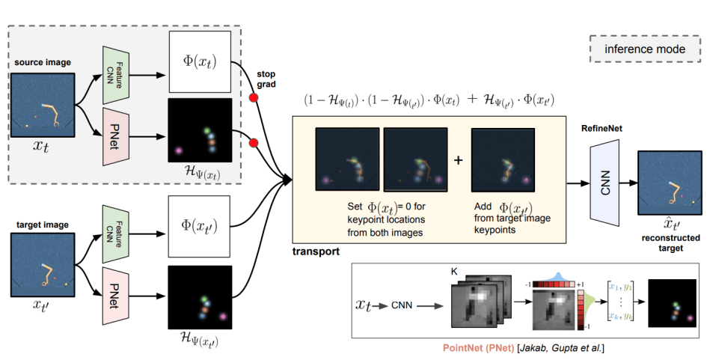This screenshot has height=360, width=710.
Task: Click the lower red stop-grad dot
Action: click(x=254, y=141)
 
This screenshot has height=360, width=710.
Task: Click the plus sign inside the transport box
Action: click(x=459, y=159)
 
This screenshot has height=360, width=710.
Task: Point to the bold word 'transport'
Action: click(x=316, y=251)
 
